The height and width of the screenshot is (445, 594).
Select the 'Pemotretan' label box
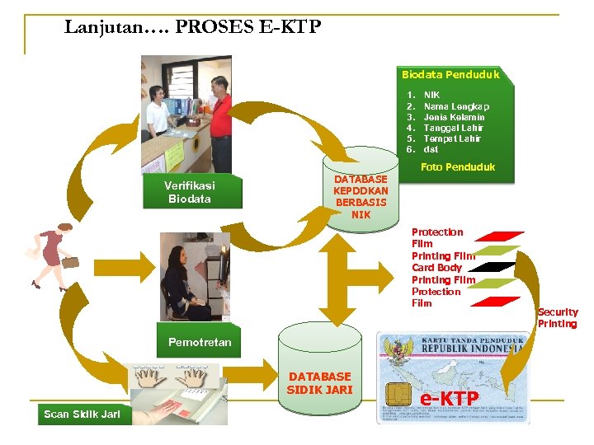200,342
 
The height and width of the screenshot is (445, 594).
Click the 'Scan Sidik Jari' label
82,414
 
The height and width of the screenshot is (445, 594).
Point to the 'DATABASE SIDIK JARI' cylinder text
319,383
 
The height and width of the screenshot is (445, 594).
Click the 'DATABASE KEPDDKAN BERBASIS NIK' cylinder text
361,197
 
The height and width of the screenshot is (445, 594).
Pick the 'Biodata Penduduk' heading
450,75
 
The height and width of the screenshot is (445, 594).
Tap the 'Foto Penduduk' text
458,167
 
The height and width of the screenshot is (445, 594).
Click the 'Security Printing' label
558,318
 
